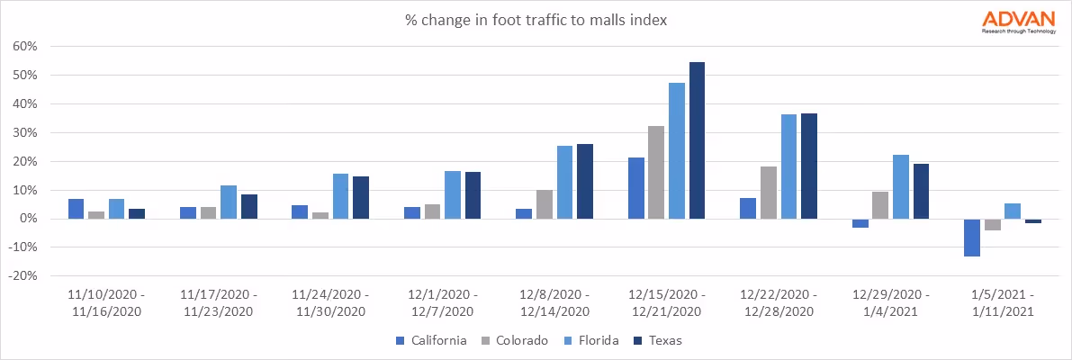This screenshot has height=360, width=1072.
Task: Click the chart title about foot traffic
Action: point(536,20)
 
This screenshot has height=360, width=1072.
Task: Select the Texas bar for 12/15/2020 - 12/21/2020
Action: point(697,140)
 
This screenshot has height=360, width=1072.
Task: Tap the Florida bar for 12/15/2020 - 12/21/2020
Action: point(677,150)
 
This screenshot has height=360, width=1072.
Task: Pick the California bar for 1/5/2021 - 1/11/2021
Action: point(972,238)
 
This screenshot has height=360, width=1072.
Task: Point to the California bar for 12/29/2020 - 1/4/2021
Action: point(860,223)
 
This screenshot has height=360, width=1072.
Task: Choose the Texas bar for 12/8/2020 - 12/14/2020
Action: point(584,181)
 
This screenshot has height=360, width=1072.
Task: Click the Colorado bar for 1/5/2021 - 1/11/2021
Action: point(993,224)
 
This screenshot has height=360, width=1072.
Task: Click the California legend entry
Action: point(432,340)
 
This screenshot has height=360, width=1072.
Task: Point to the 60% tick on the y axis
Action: point(25,47)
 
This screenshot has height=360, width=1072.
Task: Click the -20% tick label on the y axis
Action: point(23,276)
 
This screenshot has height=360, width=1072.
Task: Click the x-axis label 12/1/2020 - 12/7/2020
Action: point(441,302)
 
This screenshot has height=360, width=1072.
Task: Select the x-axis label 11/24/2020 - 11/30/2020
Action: point(329,302)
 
